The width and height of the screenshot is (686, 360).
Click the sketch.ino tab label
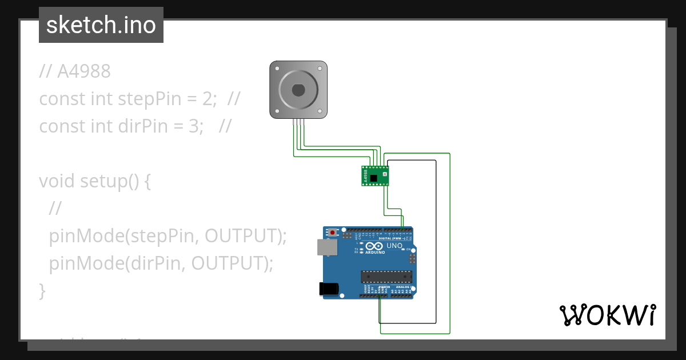[x=101, y=25]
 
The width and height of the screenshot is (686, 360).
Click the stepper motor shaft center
[x=298, y=90]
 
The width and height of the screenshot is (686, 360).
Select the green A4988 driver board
[x=375, y=175]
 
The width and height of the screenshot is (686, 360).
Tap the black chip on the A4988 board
[x=374, y=179]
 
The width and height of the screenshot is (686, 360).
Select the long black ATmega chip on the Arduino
[x=386, y=277]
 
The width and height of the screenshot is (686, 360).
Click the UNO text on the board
[x=394, y=246]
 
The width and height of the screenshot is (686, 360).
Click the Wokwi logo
[x=607, y=315]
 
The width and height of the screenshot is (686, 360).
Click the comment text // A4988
[x=75, y=71]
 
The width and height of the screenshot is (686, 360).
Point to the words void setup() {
[x=94, y=181]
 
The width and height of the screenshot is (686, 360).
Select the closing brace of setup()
[x=42, y=290]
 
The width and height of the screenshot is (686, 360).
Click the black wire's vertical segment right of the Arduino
[x=436, y=240]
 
